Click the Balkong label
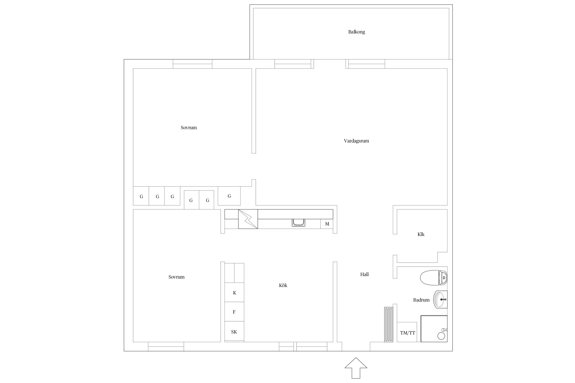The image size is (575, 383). pos(356,32)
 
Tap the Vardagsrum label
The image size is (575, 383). pos(356,141)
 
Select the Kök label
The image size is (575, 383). pos(283,285)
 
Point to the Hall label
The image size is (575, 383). pos(364,274)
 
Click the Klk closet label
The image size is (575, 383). pos(421,234)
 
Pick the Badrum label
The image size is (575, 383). pos(421,300)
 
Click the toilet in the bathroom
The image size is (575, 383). pos(434,278)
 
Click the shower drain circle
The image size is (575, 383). pos(441,336)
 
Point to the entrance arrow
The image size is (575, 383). pos(356,368)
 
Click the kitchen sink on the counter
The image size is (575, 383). pos(298,223)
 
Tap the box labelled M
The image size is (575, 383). pos(327,224)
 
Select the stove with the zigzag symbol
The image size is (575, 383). pos(248,219)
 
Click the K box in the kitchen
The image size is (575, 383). pos(234,292)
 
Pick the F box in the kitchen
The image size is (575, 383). pos(234,312)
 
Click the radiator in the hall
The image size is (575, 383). pos(388,324)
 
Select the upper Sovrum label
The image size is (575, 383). pos(189,128)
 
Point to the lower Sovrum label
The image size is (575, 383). pos(176,277)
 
